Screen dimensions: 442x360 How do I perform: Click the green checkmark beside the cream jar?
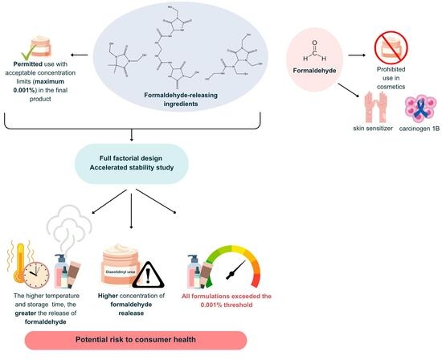29,50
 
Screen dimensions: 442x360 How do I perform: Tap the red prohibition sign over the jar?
391,47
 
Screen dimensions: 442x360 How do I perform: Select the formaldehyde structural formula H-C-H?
314,51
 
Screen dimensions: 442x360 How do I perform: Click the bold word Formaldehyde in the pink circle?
314,71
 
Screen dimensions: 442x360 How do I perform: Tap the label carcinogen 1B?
419,129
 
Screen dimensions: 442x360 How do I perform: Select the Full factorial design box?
131,163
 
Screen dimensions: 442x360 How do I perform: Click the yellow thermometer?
20,262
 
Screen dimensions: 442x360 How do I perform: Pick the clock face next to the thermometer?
36,275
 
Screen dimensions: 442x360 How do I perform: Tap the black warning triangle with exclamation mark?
148,275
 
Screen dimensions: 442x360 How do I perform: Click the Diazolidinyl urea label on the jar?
121,272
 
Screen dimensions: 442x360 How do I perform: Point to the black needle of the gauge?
235,270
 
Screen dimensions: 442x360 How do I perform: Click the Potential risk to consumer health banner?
136,340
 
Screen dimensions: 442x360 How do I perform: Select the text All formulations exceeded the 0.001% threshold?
227,301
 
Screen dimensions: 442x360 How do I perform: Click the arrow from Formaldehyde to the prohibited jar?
357,55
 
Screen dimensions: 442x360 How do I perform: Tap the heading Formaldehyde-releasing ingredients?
181,100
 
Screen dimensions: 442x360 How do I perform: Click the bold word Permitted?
28,64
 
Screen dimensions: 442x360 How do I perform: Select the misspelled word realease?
131,313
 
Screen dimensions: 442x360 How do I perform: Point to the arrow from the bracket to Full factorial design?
131,135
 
